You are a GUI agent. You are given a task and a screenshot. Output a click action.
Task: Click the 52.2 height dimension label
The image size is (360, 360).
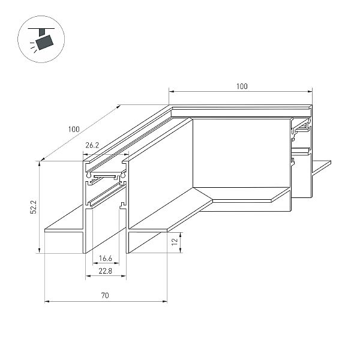[x=34, y=207]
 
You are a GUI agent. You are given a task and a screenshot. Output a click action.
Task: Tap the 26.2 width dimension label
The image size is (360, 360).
[x=92, y=145]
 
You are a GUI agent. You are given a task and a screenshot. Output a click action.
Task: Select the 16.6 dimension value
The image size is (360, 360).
[x=106, y=259]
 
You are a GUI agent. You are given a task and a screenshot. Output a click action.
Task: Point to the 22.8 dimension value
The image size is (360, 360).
[x=106, y=271]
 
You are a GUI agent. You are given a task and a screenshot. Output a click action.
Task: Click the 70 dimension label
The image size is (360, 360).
[x=105, y=295]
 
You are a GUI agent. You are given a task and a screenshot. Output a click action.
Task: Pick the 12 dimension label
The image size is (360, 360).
[x=175, y=242]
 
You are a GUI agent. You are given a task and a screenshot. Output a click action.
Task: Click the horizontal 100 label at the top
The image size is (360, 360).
[x=242, y=86]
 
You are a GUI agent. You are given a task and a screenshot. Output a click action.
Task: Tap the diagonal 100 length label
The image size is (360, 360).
[x=74, y=129]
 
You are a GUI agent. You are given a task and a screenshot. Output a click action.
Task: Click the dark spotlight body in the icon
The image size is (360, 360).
[x=44, y=42]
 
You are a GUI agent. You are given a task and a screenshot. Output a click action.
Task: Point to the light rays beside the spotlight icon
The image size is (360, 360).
[x=33, y=47]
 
